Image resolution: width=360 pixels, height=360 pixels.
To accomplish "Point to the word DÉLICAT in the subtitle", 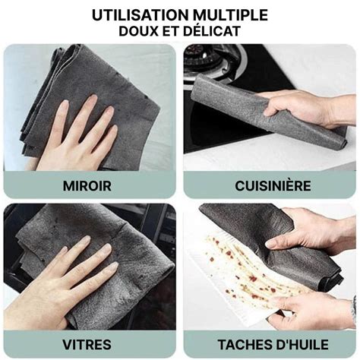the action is (211, 30).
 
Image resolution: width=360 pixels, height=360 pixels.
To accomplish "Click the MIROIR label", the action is (87, 186).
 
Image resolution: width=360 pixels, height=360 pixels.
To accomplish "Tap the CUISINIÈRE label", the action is (273, 185).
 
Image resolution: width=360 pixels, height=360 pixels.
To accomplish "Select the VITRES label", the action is (87, 345).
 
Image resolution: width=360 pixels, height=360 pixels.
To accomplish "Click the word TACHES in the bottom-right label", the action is (243, 345).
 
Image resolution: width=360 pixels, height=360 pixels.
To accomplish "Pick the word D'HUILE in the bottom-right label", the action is (301, 345).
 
